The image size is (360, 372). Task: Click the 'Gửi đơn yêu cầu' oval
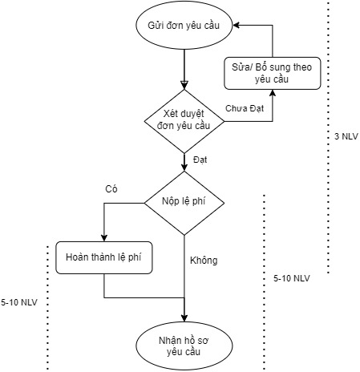click(x=184, y=26)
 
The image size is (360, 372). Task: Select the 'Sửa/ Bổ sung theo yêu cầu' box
click(x=273, y=73)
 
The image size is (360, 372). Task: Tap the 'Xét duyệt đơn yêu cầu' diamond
click(x=184, y=121)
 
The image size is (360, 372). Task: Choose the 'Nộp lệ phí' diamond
click(x=184, y=203)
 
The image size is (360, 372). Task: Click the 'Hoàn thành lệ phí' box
click(x=104, y=257)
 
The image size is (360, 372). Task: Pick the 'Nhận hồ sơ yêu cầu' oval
click(x=184, y=346)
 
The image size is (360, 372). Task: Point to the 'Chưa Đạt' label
click(x=245, y=108)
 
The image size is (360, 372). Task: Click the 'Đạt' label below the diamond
click(x=200, y=160)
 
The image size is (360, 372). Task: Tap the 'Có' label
click(x=111, y=189)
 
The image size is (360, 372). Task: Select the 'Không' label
click(x=204, y=261)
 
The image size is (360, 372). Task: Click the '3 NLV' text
click(x=346, y=136)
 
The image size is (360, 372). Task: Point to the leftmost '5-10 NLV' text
click(x=19, y=302)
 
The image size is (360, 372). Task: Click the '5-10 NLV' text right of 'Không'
click(x=292, y=278)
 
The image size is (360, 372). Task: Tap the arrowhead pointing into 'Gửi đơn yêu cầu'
click(x=236, y=26)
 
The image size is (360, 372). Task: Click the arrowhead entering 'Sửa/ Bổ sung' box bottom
click(x=273, y=92)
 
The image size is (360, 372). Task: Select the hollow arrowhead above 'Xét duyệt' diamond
click(x=184, y=85)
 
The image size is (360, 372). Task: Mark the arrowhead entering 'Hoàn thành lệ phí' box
click(x=104, y=238)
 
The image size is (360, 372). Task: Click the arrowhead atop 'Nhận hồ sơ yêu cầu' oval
click(x=184, y=318)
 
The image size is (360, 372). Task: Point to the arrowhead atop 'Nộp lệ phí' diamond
click(x=184, y=168)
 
